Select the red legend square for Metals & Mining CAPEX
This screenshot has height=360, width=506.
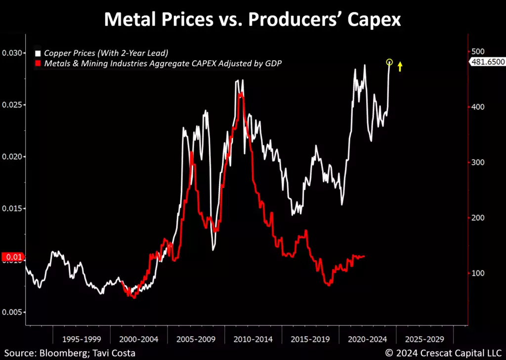[x=37, y=63]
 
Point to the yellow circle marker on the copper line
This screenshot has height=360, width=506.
[x=389, y=62]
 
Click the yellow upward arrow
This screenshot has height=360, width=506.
[x=400, y=66]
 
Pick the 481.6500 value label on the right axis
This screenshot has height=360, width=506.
[x=486, y=62]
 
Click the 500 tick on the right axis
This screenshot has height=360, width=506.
[x=476, y=51]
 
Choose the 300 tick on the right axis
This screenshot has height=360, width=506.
[x=476, y=162]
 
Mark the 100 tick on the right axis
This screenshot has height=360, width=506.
[x=476, y=273]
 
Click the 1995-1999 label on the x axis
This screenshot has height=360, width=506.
[x=81, y=340]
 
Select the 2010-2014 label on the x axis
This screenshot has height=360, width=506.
[x=253, y=340]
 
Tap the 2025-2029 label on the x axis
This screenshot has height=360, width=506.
[x=424, y=340]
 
